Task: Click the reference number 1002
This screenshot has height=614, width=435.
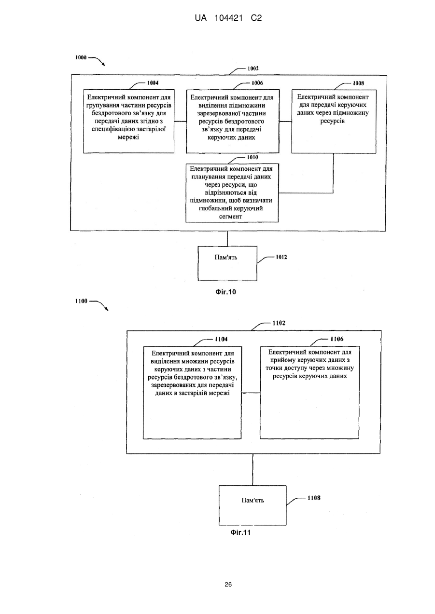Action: coord(253,68)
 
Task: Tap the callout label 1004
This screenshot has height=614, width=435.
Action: coord(153,83)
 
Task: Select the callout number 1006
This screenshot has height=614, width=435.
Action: coord(257,83)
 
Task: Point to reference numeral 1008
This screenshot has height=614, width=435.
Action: coord(358,83)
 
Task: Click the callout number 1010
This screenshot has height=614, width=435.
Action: coord(253,157)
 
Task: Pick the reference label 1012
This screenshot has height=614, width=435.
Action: coord(281,257)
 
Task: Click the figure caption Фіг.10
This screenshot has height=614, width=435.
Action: coord(225,292)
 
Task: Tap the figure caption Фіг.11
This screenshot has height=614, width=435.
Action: coord(240,532)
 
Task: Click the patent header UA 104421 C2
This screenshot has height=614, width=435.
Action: coord(228,18)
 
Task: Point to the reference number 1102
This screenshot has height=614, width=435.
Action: coord(279,323)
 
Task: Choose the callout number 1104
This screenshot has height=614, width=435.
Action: coord(221,340)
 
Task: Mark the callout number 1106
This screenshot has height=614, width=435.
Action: coord(337,339)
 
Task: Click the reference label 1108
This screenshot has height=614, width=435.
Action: coord(314,498)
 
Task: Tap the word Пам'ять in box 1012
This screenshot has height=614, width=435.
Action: coord(225,258)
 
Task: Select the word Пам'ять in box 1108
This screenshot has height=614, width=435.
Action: coord(253,500)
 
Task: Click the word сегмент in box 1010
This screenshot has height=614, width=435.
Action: coord(231,217)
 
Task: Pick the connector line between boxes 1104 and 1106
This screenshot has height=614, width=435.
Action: coord(251,393)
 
